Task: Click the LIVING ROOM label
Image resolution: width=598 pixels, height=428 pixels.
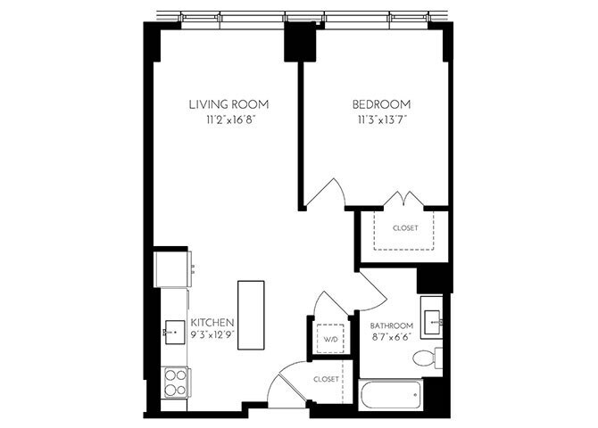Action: click(x=228, y=104)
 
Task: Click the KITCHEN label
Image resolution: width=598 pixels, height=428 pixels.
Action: click(x=212, y=322)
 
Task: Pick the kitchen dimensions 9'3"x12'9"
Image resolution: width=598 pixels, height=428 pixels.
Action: click(x=212, y=335)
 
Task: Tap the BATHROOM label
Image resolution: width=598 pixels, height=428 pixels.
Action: click(x=392, y=325)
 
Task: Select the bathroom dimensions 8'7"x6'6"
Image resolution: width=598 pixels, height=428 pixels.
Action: click(x=392, y=339)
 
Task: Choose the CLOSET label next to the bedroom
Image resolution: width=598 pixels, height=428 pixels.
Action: click(x=405, y=228)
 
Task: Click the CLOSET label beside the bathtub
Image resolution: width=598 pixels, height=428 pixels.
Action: click(x=326, y=379)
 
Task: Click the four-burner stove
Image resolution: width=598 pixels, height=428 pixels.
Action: click(x=175, y=382)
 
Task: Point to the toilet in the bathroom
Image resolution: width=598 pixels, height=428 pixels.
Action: click(x=427, y=358)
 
